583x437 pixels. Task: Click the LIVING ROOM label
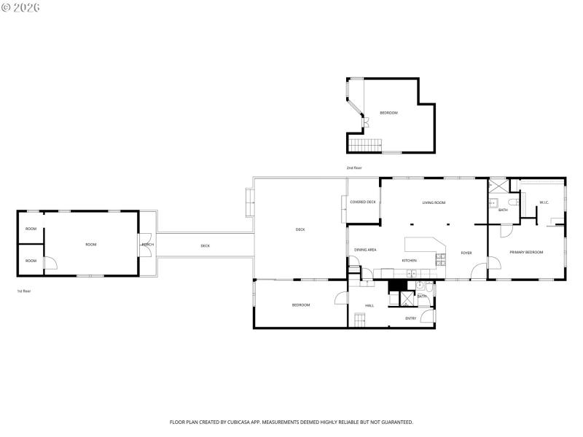pos(434,202)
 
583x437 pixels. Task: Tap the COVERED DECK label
pos(362,202)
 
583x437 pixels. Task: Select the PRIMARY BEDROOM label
pos(526,252)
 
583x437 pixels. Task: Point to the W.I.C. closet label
pos(544,202)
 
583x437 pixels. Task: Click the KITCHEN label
pos(409,260)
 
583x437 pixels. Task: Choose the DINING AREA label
pos(365,250)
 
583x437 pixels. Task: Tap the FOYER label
pos(466,253)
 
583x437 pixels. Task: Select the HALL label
pos(369,305)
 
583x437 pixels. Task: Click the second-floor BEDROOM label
pos(388,113)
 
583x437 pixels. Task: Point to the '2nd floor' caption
pos(354,168)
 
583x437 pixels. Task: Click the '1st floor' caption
pos(23,291)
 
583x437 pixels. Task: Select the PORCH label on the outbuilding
pos(147,244)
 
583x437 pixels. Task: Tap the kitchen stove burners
pos(440,258)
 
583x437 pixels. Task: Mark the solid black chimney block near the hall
pos(397,286)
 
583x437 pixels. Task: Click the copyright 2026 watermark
pos(20,7)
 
